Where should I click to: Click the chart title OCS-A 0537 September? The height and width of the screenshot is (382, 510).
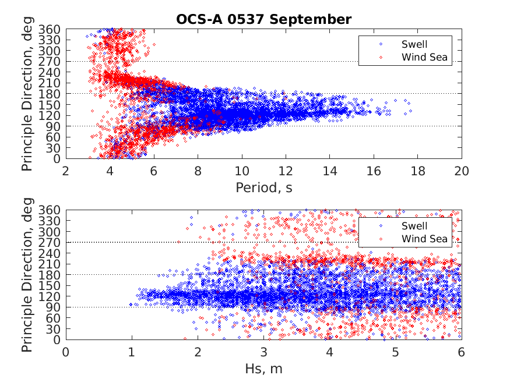coord(263,19)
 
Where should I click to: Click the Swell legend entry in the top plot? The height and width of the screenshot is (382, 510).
coord(414,44)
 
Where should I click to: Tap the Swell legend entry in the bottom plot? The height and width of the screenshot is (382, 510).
coord(414,225)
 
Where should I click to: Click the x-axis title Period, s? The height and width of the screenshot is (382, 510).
coord(263,187)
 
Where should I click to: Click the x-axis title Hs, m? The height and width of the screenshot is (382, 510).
coord(263,368)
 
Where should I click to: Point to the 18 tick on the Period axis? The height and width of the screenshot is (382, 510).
coord(418,171)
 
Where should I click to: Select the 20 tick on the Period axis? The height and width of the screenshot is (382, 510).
coord(462,171)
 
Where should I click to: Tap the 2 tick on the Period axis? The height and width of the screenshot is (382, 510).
coord(66,171)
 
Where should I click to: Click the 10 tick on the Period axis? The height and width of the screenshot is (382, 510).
coord(242,171)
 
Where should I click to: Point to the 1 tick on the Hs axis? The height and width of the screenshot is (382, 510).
coord(132,352)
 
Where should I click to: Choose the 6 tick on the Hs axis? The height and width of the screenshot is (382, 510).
coord(462,352)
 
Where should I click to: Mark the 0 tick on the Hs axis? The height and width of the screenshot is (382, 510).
coord(66,352)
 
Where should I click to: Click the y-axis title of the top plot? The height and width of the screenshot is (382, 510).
coord(27,94)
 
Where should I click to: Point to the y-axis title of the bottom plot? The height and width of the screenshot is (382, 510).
coord(27,275)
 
